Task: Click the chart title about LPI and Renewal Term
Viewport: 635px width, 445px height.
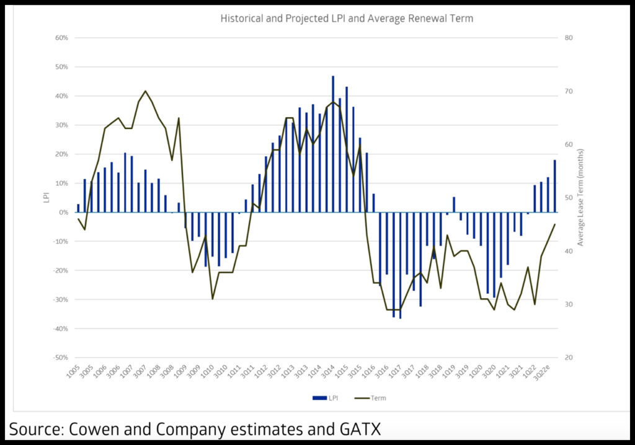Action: [347, 19]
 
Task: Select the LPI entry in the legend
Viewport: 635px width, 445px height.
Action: [323, 398]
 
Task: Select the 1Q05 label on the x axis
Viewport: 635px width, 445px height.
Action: [75, 374]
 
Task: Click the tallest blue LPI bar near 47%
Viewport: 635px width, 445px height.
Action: [333, 144]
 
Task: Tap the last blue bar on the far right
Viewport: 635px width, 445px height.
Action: [555, 186]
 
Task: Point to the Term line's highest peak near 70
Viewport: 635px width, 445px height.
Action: [145, 91]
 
